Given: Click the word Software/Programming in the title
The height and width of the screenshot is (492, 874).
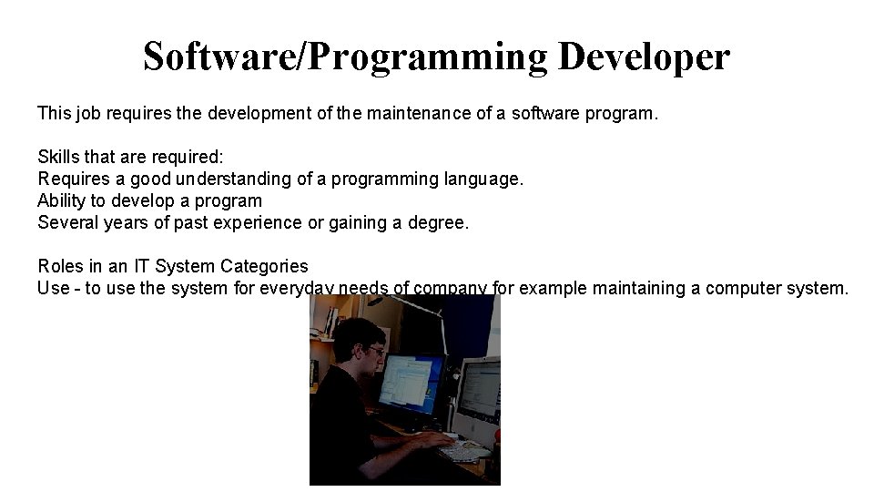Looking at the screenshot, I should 345,56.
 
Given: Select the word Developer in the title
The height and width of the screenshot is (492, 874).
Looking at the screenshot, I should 644,56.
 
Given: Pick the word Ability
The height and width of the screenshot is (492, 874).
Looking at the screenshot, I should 60,200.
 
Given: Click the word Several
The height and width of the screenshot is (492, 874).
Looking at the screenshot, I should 68,222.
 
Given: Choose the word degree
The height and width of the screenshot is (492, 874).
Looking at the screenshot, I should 438,222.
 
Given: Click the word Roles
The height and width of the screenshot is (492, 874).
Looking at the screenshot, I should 61,266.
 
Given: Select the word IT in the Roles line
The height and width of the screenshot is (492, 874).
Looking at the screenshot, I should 141,266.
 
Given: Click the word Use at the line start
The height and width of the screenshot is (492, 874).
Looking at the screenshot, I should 54,288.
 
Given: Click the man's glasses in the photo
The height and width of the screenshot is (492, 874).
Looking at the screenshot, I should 375,351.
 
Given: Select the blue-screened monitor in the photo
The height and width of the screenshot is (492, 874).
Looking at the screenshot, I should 410,383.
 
